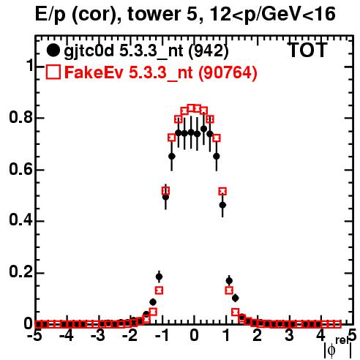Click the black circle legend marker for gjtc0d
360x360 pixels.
point(53,50)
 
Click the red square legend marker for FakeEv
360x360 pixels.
point(53,72)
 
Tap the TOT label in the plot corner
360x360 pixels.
point(307,50)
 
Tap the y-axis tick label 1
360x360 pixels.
point(29,66)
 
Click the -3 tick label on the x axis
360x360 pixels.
point(99,336)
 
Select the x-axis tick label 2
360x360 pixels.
point(257,336)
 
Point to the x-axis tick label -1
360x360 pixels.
point(162,336)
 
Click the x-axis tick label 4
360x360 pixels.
point(320,336)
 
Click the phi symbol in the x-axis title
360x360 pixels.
point(331,350)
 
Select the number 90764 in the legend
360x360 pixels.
point(228,72)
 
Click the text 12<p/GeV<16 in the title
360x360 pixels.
point(272,15)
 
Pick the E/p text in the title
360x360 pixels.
point(50,15)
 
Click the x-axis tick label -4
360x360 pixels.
point(67,336)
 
